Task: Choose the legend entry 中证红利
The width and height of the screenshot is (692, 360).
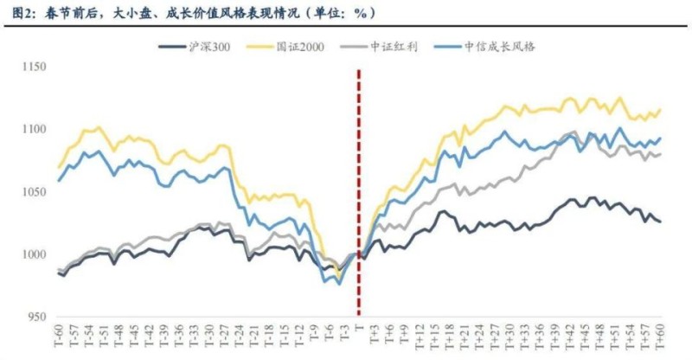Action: (394, 47)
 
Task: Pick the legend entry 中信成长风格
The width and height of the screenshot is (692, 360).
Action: (499, 47)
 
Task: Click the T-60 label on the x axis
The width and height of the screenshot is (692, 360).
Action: (58, 337)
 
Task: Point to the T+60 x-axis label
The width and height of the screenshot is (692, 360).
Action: (661, 337)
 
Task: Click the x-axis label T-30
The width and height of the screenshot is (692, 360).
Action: (208, 337)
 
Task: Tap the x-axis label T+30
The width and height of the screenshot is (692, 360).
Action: (510, 337)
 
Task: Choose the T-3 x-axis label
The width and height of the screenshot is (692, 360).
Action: (344, 337)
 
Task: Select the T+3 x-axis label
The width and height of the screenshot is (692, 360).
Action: (375, 337)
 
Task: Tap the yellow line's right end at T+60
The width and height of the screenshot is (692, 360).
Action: (661, 109)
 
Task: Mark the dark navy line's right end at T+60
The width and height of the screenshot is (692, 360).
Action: (661, 222)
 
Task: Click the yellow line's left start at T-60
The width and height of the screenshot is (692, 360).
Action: (59, 167)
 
